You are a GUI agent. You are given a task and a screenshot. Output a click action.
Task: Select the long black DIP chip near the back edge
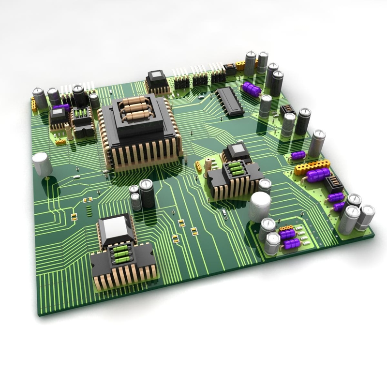tap(230, 102)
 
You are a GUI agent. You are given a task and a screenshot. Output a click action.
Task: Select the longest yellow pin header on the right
tap(312, 167)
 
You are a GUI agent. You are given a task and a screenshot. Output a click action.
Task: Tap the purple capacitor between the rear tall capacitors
tap(252, 89)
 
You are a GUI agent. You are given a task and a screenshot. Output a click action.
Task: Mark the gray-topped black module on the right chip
tap(238, 151)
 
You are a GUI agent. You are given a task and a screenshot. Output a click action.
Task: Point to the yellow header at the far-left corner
tap(34, 103)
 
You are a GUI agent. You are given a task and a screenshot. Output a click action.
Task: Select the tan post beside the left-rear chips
tap(70, 132)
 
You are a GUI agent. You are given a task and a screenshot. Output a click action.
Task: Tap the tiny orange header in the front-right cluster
tap(287, 227)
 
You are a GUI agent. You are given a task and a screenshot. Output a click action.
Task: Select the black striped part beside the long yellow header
tap(333, 184)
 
